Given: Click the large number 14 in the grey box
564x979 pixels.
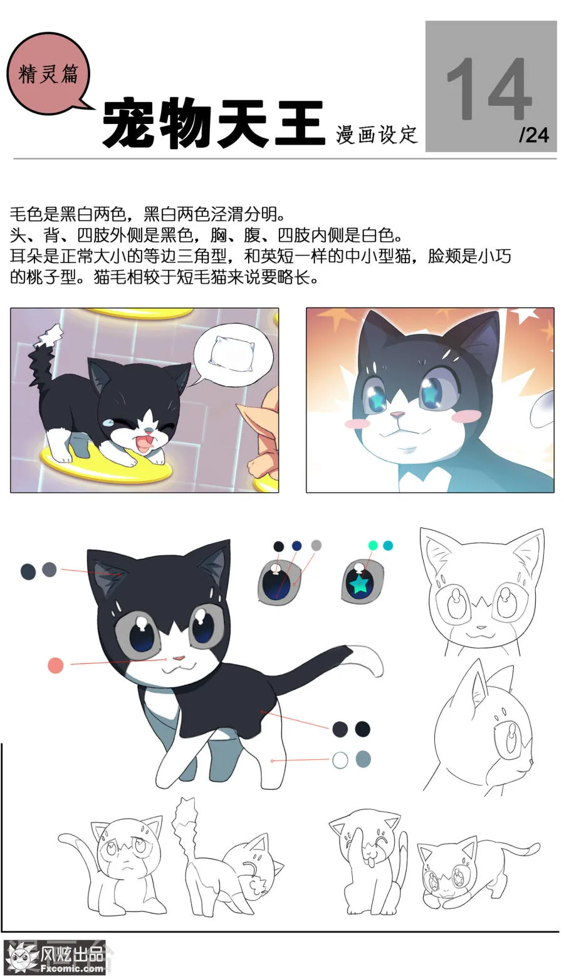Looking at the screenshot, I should (489, 89).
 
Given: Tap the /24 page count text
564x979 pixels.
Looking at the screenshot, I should (533, 135).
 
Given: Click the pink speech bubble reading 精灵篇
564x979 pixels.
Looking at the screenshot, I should (48, 75).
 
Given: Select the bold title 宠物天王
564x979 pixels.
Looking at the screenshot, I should (213, 123).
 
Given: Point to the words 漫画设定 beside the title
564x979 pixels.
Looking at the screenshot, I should (376, 134).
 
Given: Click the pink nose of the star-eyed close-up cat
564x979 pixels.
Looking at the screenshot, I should (397, 414).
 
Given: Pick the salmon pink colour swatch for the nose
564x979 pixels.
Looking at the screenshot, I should (56, 665).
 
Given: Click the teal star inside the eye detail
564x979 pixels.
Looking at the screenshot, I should (360, 585).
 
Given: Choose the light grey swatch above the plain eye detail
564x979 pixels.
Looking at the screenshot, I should (316, 546).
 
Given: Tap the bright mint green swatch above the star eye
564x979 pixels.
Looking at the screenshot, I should (373, 546).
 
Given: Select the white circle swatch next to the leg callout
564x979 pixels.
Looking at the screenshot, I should (340, 760).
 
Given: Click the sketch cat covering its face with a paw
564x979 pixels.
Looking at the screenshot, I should (367, 861).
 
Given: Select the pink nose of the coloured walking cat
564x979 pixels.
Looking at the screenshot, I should (179, 659).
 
